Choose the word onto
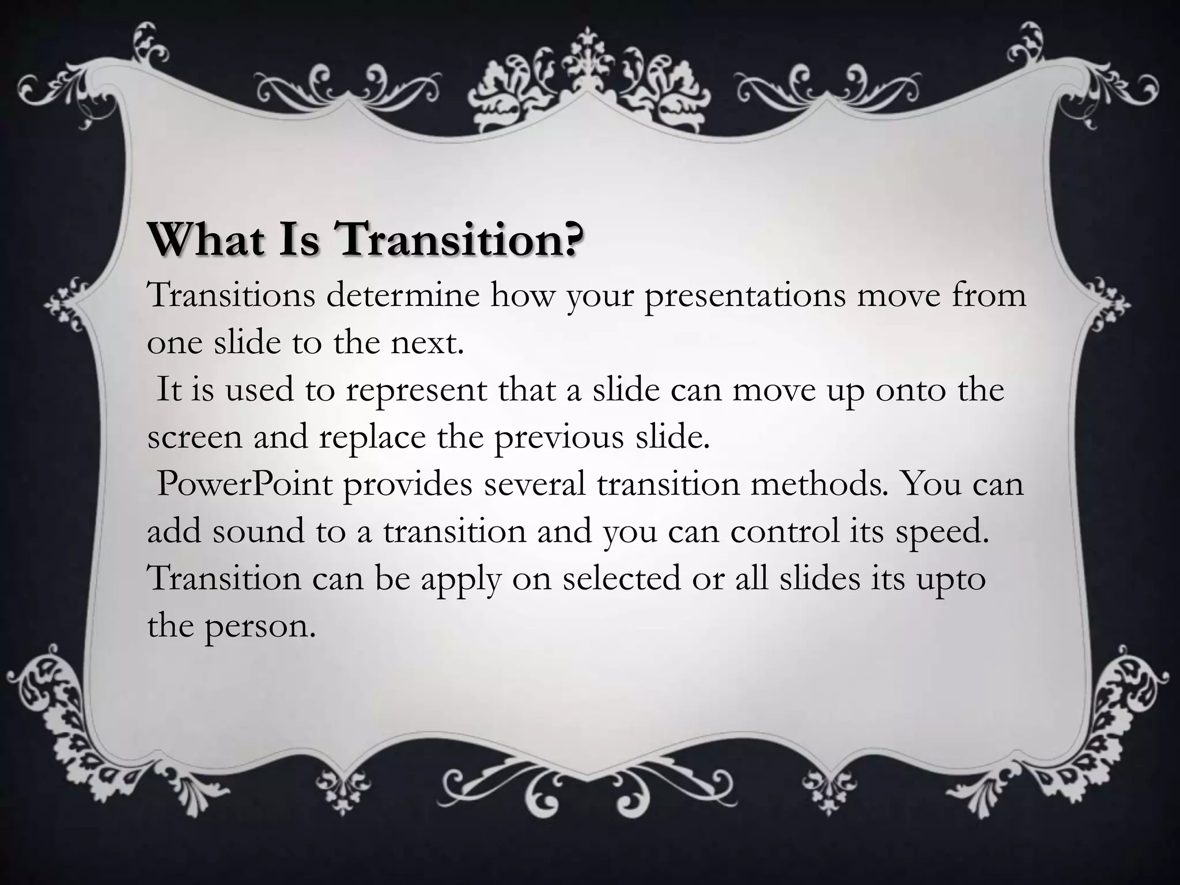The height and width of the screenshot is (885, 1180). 911,390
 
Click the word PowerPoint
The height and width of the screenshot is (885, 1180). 245,485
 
